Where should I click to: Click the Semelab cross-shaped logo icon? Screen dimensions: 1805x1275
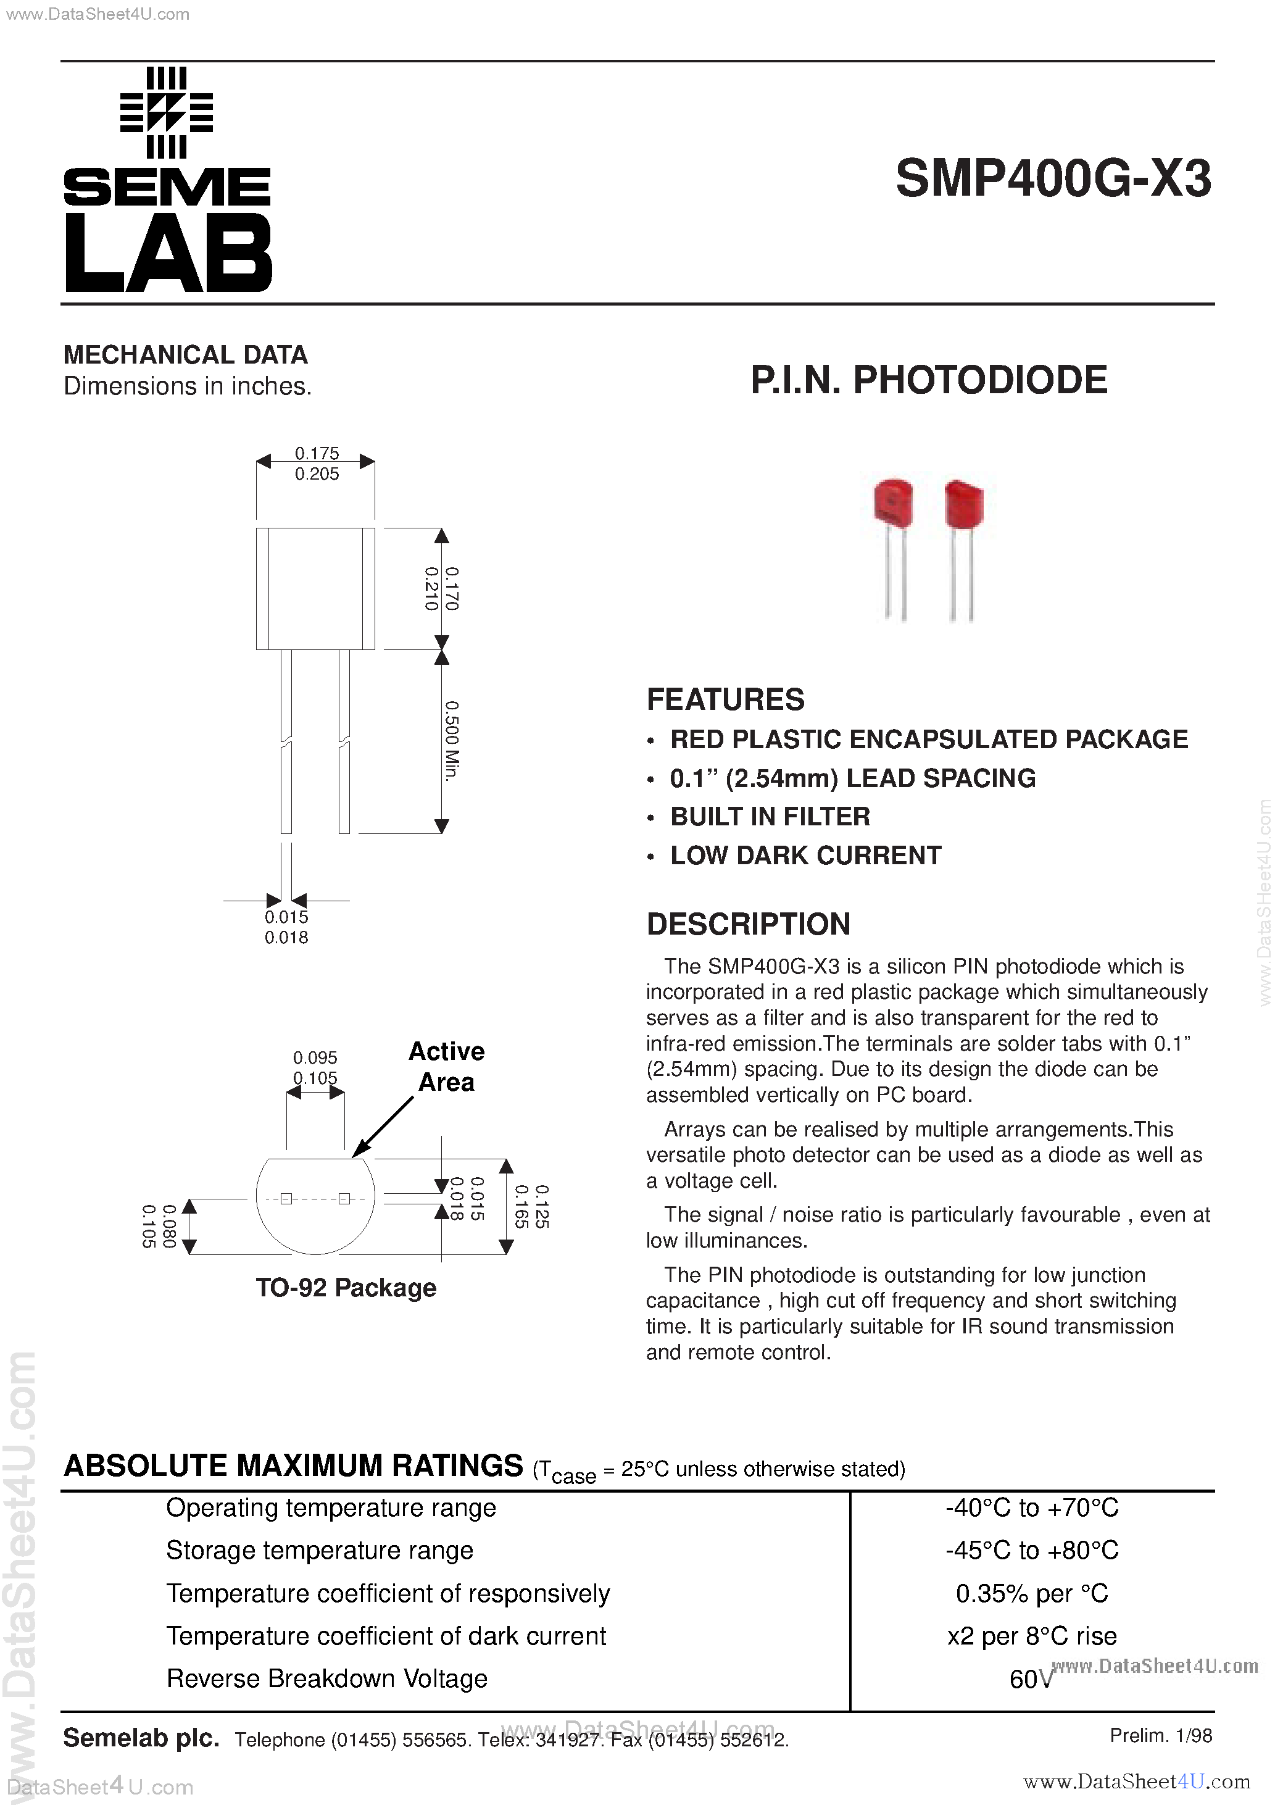[166, 113]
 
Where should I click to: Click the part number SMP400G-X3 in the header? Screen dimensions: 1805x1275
[1053, 179]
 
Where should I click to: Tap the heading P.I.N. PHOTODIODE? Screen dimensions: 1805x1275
[928, 380]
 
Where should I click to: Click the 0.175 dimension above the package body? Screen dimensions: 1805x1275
[317, 454]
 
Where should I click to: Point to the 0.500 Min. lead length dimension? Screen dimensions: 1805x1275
[451, 741]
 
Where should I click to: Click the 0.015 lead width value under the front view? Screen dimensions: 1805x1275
[286, 917]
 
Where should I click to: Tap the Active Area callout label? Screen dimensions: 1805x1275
[446, 1067]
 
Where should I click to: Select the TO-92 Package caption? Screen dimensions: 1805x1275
[346, 1288]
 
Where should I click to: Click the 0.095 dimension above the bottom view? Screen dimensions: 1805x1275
[315, 1057]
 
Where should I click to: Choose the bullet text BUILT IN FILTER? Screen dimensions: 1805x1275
[770, 817]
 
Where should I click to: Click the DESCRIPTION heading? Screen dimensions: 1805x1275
[749, 925]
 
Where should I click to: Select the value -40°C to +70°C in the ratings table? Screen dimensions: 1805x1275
[1031, 1508]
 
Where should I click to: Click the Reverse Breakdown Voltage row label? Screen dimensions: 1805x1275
[327, 1678]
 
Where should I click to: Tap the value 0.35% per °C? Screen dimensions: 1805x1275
[1031, 1593]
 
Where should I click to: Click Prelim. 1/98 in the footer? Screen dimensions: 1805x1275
[1160, 1736]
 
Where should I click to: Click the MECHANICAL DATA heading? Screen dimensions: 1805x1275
[186, 356]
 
